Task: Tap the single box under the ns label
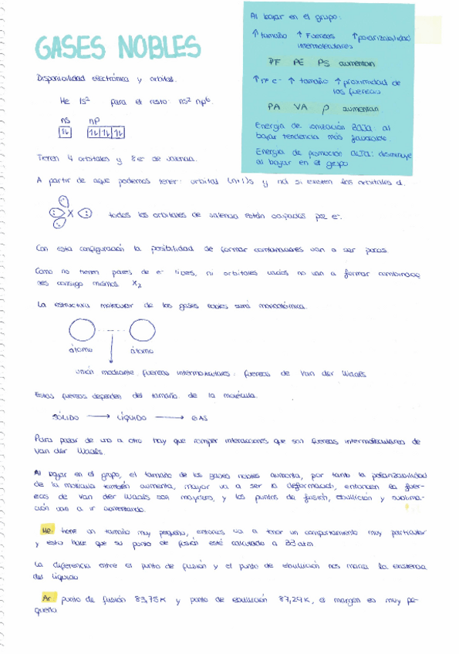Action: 65,133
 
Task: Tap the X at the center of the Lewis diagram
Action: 69,214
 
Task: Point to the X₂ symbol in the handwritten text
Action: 137,283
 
